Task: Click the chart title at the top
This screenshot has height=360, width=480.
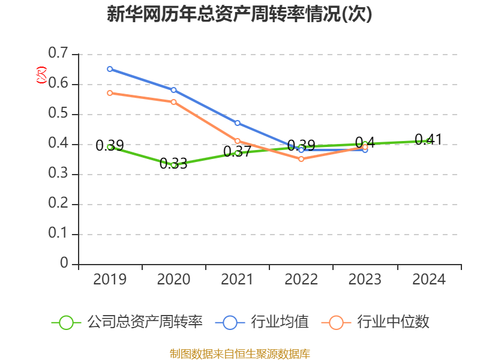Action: pyautogui.click(x=240, y=14)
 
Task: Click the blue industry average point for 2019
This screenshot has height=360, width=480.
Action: pyautogui.click(x=110, y=69)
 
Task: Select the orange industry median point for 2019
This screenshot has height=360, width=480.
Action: pyautogui.click(x=110, y=93)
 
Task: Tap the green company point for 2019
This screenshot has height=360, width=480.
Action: pyautogui.click(x=110, y=146)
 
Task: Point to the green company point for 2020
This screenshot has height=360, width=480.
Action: pyautogui.click(x=173, y=164)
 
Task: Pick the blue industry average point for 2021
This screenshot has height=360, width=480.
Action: pyautogui.click(x=238, y=123)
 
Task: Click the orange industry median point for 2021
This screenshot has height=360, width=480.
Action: pyautogui.click(x=238, y=141)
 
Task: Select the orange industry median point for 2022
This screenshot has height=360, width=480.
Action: pyautogui.click(x=301, y=159)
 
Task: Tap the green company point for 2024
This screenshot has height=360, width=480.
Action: pyautogui.click(x=428, y=141)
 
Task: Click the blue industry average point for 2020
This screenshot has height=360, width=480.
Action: pyautogui.click(x=173, y=90)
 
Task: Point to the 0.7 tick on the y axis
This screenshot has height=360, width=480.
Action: pyautogui.click(x=58, y=54)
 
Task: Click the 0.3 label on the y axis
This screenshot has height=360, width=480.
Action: pyautogui.click(x=58, y=174)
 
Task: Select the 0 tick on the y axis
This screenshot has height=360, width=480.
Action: pyautogui.click(x=64, y=264)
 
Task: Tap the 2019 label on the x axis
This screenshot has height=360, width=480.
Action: pyautogui.click(x=110, y=280)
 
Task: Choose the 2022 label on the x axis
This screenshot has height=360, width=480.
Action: pyautogui.click(x=301, y=280)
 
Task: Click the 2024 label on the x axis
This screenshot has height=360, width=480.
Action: pyautogui.click(x=428, y=280)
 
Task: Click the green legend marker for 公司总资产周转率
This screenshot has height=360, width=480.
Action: pyautogui.click(x=66, y=322)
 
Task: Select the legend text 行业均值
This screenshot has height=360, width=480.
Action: pyautogui.click(x=281, y=322)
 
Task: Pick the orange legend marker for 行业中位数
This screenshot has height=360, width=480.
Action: pyautogui.click(x=336, y=322)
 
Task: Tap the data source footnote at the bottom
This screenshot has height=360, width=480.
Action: pyautogui.click(x=240, y=353)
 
